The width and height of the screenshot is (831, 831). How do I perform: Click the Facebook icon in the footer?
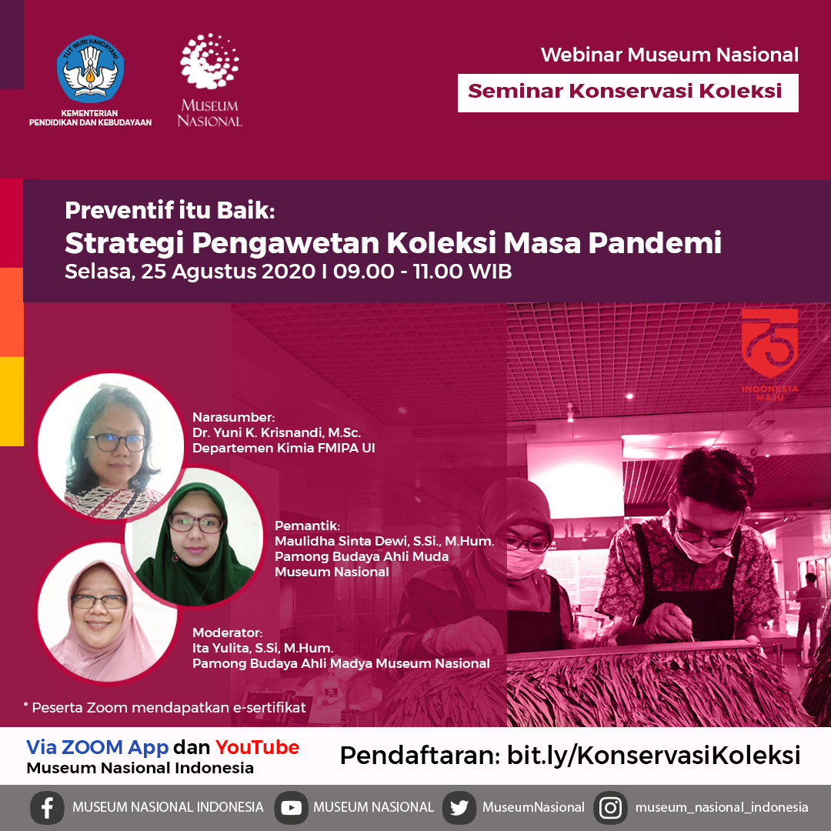47,807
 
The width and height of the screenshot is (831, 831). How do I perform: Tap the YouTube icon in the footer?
291,807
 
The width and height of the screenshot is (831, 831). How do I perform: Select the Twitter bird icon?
459,807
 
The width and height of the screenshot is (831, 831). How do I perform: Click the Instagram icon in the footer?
610,807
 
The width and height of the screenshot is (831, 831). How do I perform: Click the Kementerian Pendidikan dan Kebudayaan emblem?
91,69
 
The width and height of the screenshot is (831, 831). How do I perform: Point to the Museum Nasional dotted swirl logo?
209,61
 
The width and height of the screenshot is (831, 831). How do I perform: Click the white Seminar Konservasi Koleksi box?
628,93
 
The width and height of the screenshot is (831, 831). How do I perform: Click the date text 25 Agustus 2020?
228,272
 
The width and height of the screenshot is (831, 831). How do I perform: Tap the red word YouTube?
257,746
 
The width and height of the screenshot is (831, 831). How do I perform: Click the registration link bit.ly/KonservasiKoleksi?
653,755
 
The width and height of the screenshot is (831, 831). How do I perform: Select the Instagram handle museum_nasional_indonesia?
721,807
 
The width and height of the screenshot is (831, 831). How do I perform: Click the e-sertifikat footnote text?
165,708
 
